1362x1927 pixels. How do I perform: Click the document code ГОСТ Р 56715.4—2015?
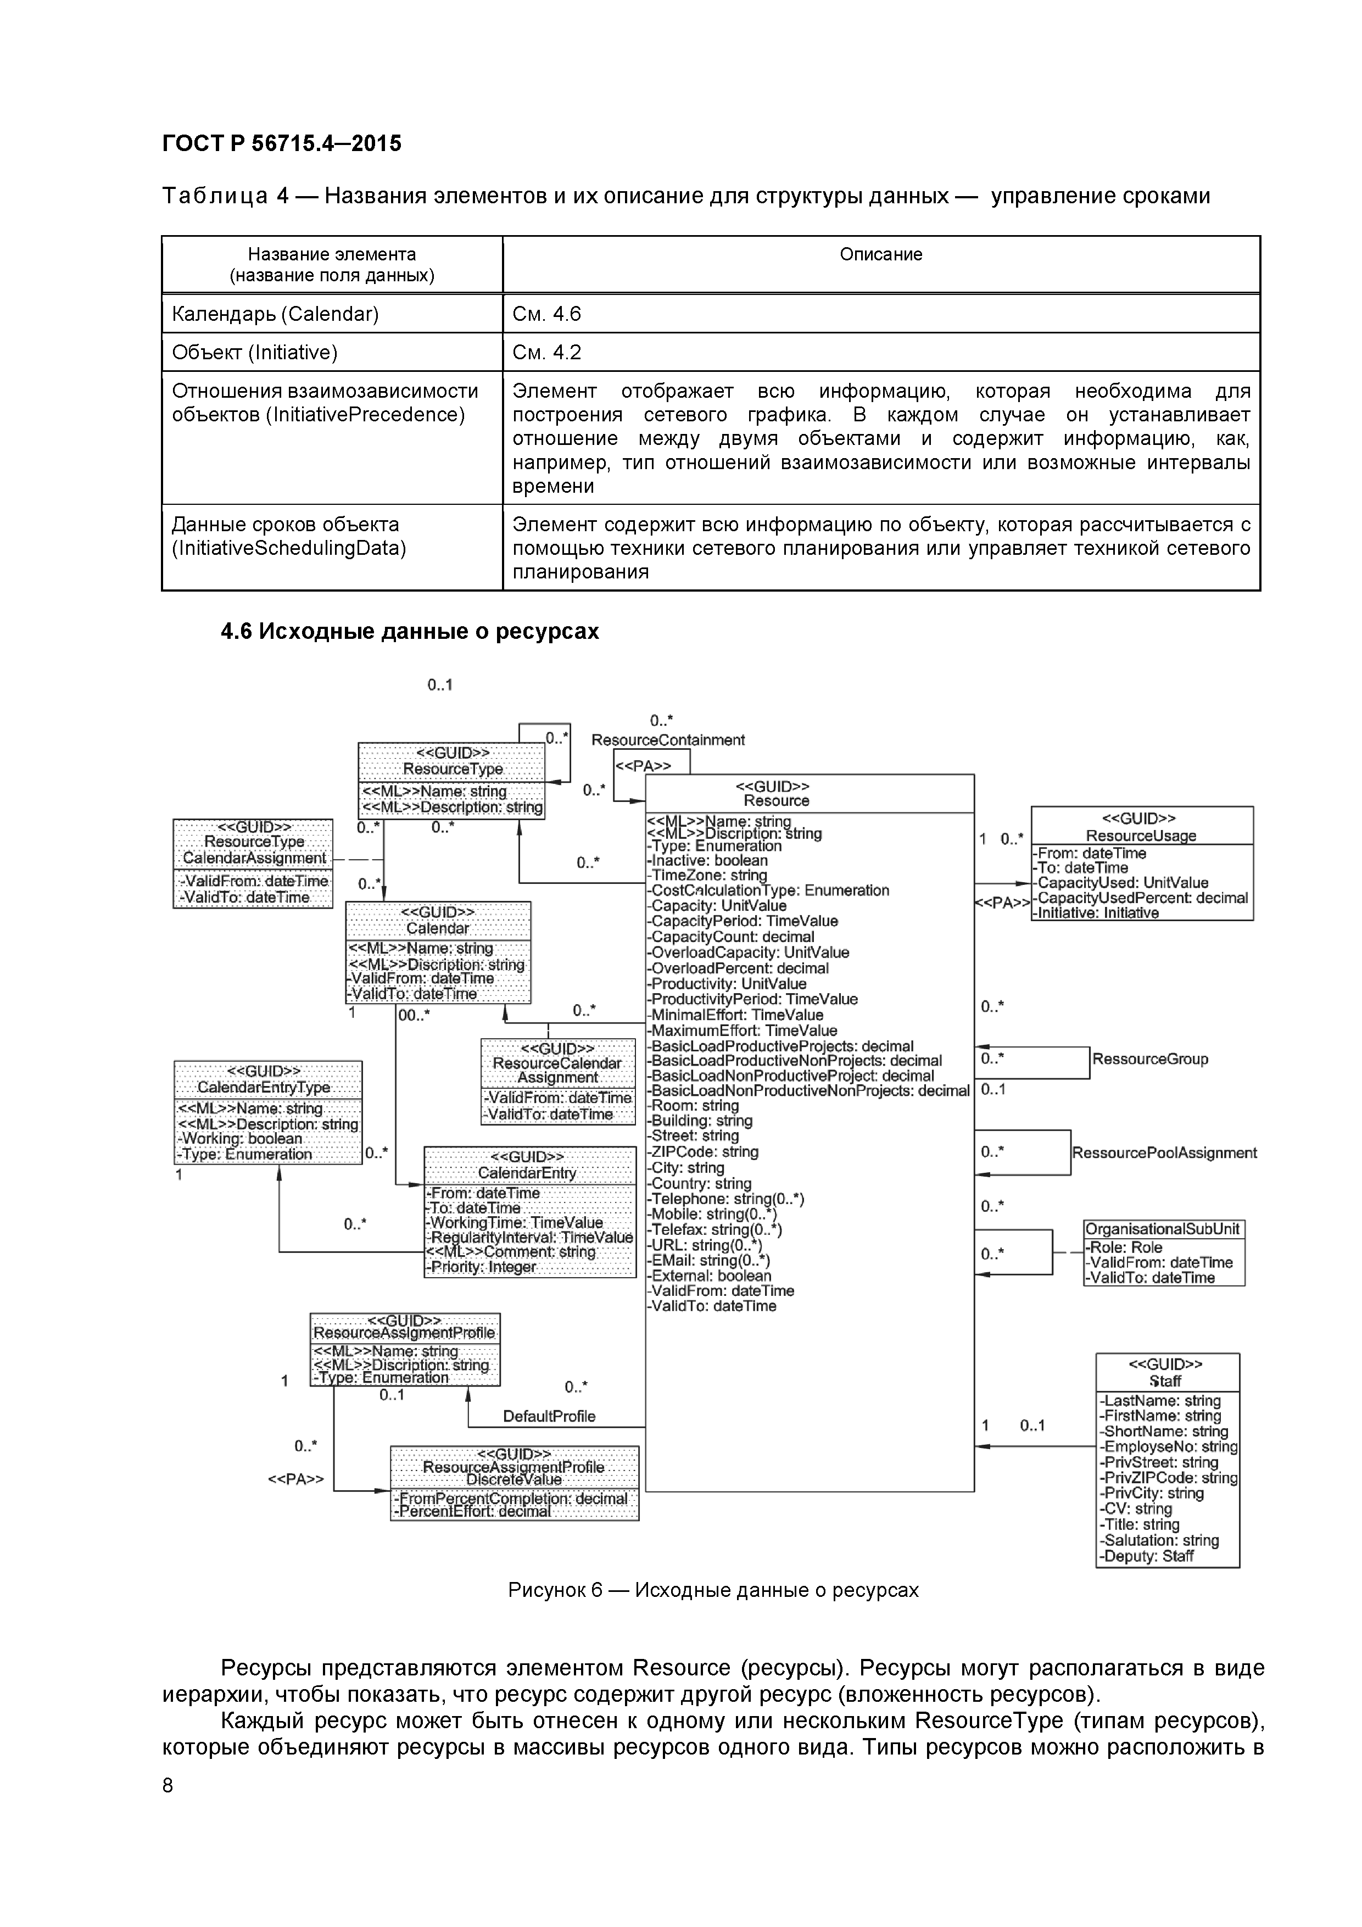(281, 143)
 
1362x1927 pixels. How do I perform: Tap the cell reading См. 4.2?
(546, 353)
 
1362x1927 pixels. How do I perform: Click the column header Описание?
(880, 254)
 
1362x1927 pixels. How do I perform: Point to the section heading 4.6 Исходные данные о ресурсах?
(410, 631)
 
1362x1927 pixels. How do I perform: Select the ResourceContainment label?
(668, 740)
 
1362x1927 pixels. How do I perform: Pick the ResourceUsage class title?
(1141, 836)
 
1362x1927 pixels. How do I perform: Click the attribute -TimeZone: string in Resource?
(707, 876)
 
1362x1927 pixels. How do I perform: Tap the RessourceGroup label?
(1149, 1059)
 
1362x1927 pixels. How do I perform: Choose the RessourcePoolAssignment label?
(1164, 1153)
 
